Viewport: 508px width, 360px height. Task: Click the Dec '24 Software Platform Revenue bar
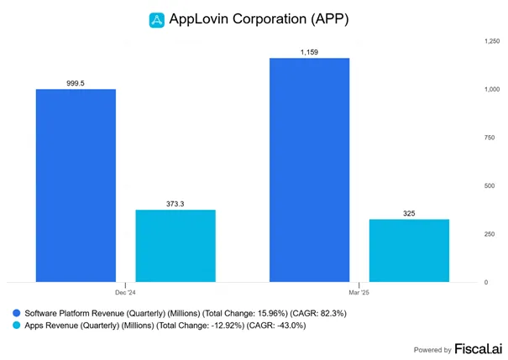coord(76,185)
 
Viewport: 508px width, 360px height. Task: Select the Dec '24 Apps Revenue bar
coord(175,246)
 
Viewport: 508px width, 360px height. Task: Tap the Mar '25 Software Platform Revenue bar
coord(309,170)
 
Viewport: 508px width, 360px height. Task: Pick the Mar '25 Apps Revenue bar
coord(409,251)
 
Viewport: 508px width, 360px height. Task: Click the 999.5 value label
coord(76,83)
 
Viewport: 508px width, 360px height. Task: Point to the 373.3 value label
coord(175,204)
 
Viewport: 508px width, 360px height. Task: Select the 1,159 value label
coord(309,52)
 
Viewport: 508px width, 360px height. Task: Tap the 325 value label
coord(409,213)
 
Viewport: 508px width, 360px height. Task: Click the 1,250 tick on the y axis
coord(492,41)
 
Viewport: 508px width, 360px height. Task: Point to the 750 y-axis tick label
coord(490,138)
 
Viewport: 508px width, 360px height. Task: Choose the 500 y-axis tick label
coord(490,185)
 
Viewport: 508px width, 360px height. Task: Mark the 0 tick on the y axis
coord(486,282)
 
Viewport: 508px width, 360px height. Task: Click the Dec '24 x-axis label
coord(125,293)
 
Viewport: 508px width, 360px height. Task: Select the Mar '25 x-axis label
coord(359,293)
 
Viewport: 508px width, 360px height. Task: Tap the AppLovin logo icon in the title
coord(157,20)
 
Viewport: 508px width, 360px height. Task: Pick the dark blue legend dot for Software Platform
coord(17,313)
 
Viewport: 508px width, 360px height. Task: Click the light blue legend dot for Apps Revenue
coord(17,325)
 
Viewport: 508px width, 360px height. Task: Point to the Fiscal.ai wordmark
coord(479,348)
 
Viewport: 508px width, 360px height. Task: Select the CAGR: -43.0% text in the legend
coord(276,326)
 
